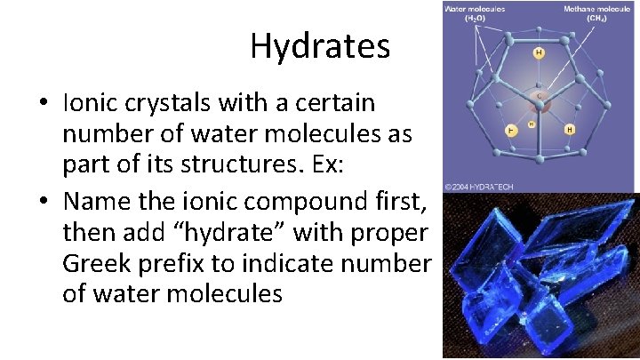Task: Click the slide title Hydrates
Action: (320, 46)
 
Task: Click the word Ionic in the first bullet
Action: (89, 103)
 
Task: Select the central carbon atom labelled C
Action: (538, 92)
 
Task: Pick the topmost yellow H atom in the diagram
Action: (538, 53)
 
